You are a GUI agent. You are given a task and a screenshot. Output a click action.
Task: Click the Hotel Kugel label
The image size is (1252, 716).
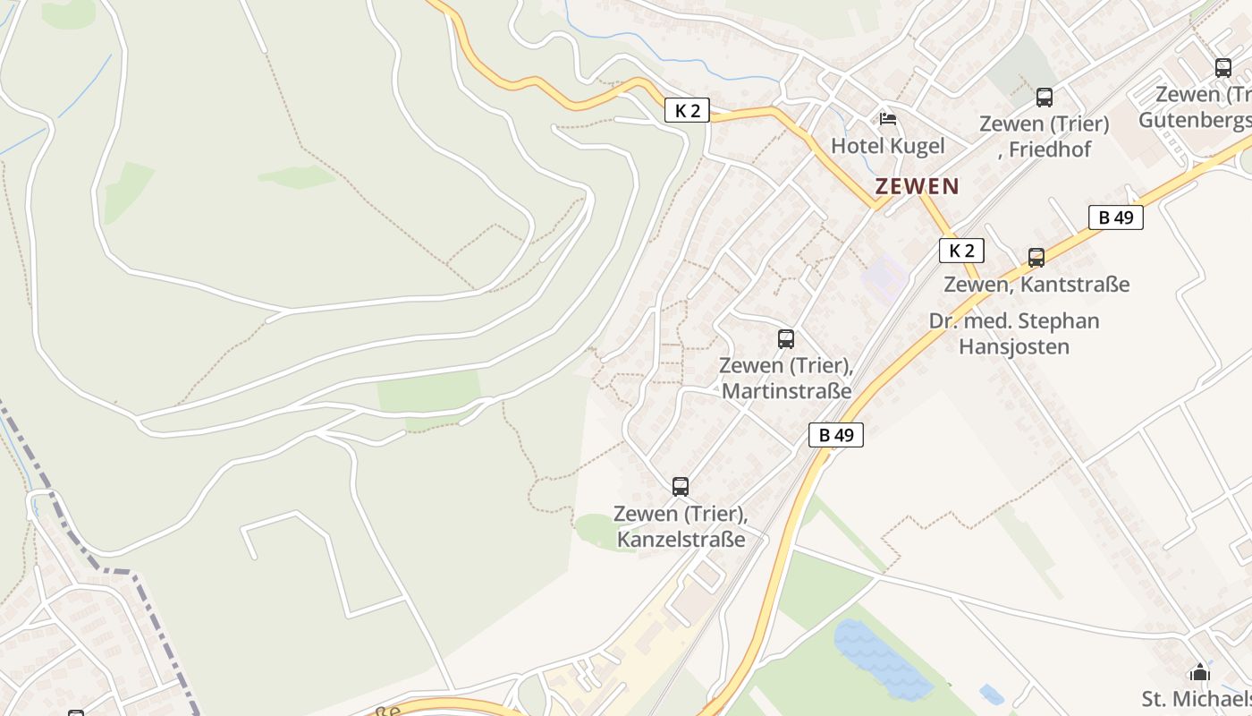(887, 145)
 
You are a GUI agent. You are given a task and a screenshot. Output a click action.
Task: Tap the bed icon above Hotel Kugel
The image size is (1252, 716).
(887, 118)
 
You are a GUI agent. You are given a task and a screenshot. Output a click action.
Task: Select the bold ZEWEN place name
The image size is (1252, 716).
(917, 186)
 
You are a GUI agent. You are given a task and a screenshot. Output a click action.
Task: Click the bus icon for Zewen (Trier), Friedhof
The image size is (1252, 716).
(1044, 98)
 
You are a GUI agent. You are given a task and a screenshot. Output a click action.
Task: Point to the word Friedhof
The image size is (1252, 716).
(1049, 149)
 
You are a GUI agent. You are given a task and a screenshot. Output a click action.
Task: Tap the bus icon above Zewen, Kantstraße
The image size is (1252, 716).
(1036, 258)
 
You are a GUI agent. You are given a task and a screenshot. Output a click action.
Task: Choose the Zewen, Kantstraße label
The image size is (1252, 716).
(1036, 285)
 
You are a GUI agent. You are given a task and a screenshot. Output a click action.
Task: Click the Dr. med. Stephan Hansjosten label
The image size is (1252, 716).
(1014, 333)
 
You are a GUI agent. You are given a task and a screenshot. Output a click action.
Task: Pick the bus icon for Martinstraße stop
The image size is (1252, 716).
(786, 339)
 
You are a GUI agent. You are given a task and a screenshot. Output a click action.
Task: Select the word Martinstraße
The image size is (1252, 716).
(786, 391)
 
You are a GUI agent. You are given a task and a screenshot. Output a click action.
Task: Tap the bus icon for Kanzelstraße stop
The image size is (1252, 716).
(681, 487)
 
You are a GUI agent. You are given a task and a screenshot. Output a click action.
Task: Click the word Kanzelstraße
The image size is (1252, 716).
(681, 540)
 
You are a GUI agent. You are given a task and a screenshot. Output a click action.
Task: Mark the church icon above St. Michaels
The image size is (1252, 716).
(1199, 672)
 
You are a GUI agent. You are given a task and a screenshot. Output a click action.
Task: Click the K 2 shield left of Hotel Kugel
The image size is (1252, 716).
(687, 110)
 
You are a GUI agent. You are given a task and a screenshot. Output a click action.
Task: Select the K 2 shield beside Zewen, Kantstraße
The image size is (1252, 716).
(961, 251)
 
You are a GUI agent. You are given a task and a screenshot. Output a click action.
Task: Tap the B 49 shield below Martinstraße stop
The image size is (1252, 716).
(836, 435)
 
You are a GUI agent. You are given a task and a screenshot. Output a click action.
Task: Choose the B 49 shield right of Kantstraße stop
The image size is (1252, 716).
(1115, 217)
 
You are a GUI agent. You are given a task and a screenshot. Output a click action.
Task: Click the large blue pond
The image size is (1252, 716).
(881, 659)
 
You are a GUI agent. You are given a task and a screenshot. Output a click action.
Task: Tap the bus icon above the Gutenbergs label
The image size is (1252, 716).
(1222, 68)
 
